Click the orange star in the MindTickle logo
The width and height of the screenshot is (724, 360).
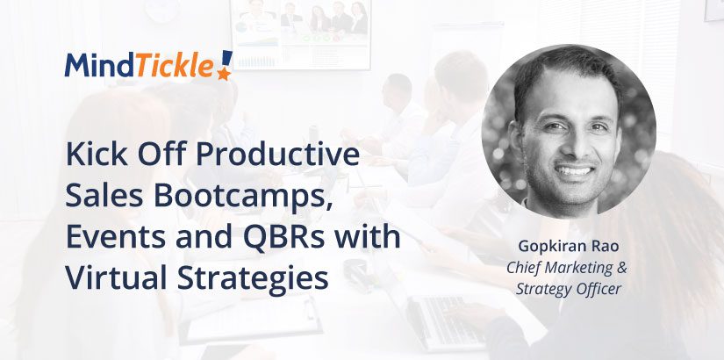point(224,73)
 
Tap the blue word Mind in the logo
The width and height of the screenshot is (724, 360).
point(100,65)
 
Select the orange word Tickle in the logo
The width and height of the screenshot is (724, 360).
point(175,65)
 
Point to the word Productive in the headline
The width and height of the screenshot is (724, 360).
point(278,156)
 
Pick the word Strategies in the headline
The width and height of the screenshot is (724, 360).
point(253,279)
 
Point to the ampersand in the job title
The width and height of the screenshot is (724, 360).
point(621,268)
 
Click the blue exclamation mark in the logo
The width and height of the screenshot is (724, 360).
point(226,59)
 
